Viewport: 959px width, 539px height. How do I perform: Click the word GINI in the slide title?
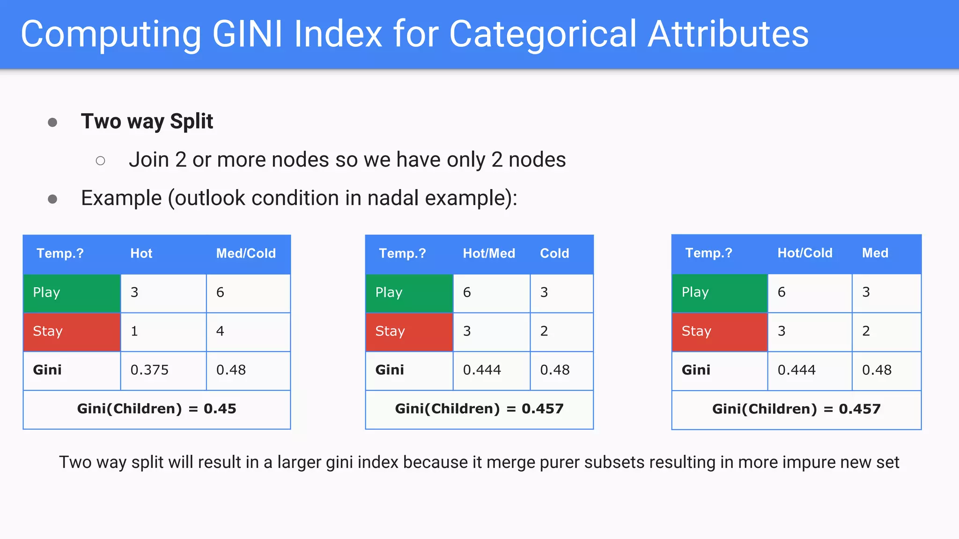[x=247, y=34]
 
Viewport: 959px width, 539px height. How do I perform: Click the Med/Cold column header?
[x=246, y=254]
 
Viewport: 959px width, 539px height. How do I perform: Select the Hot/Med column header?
[x=489, y=254]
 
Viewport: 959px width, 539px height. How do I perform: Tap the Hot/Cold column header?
[x=805, y=253]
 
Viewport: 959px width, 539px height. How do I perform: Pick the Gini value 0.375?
[x=149, y=370]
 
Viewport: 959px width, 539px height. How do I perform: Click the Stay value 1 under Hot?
[x=134, y=331]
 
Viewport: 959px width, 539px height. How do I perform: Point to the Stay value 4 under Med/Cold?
[x=220, y=331]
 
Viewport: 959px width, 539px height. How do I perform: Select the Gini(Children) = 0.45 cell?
[x=156, y=409]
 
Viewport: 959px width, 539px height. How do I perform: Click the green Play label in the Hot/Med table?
[x=389, y=292]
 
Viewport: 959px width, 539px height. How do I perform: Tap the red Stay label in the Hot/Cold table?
[x=696, y=331]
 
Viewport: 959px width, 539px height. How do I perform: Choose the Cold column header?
[x=554, y=254]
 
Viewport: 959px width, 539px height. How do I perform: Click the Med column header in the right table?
[x=875, y=253]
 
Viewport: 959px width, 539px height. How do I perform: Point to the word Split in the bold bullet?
[x=192, y=122]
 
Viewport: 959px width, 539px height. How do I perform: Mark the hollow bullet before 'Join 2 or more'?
[x=100, y=161]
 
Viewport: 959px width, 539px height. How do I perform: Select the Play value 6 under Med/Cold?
[x=220, y=292]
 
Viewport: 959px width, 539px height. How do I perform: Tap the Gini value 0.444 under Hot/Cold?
[x=797, y=370]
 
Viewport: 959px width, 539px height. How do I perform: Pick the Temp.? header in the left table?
[x=60, y=254]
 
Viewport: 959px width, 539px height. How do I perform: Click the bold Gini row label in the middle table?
[x=390, y=370]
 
